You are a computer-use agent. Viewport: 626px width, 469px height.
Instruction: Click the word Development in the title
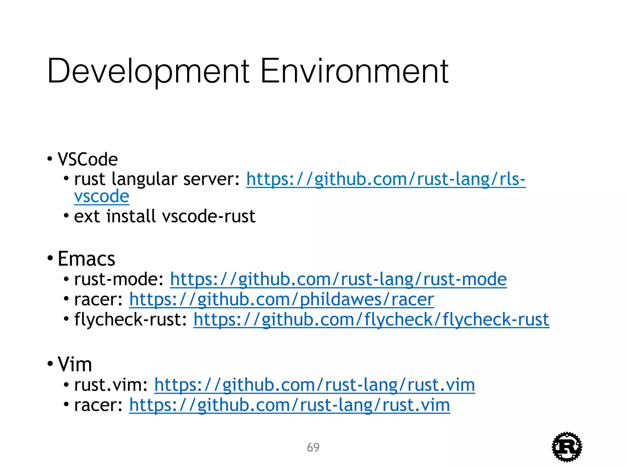(x=148, y=71)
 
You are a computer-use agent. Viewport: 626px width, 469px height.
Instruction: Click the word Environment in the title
(x=354, y=71)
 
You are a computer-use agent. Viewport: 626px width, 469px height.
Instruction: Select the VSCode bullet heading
(x=88, y=159)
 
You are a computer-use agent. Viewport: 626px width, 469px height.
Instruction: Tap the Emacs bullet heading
(x=87, y=259)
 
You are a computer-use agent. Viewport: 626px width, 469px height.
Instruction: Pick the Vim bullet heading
(x=75, y=364)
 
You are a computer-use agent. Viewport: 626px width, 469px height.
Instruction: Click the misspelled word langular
(x=144, y=179)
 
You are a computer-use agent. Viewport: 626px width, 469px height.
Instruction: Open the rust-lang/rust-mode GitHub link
(x=338, y=279)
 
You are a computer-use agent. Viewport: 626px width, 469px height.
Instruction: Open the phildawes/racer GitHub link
(x=282, y=299)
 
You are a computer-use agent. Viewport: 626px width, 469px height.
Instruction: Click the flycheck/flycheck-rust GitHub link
(x=371, y=320)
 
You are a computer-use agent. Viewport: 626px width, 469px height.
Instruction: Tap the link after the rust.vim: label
(x=315, y=385)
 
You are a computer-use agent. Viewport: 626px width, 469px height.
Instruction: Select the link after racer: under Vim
(x=289, y=405)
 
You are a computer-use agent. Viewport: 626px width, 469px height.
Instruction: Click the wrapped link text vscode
(x=102, y=196)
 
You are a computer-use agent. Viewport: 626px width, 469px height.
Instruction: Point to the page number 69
(x=313, y=447)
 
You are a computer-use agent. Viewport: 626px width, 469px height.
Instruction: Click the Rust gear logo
(x=567, y=447)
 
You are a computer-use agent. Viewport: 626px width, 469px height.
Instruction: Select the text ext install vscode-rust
(x=165, y=216)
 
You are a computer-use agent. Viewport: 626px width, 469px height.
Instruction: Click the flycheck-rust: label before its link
(x=131, y=320)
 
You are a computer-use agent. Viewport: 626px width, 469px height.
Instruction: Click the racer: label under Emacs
(x=98, y=299)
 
